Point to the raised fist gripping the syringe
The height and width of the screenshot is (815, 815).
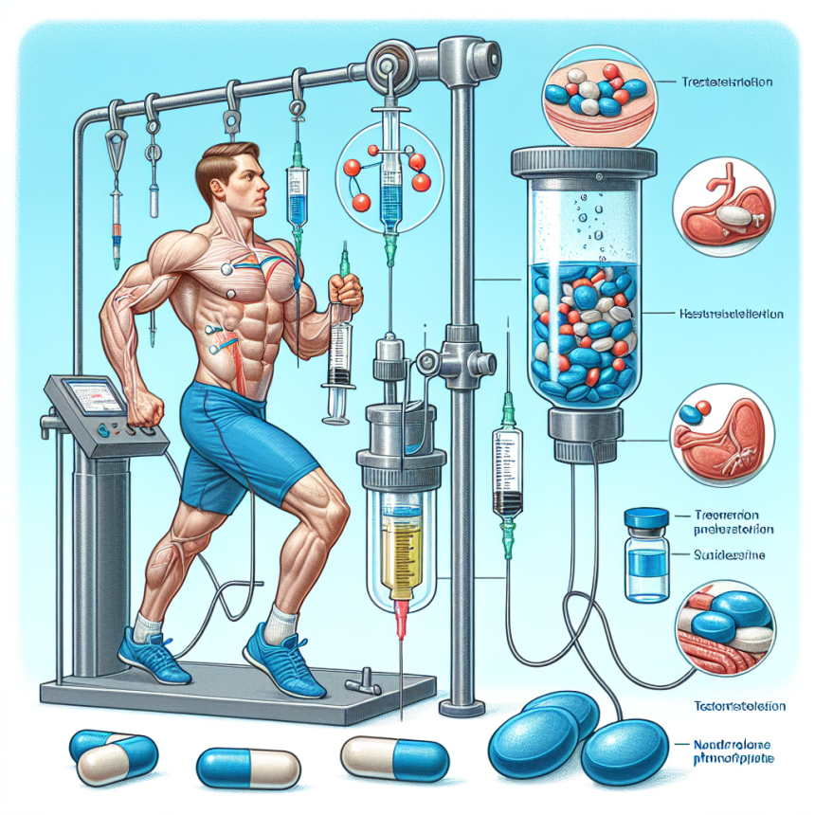(x=347, y=289)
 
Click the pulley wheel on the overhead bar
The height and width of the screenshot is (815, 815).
(x=389, y=63)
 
